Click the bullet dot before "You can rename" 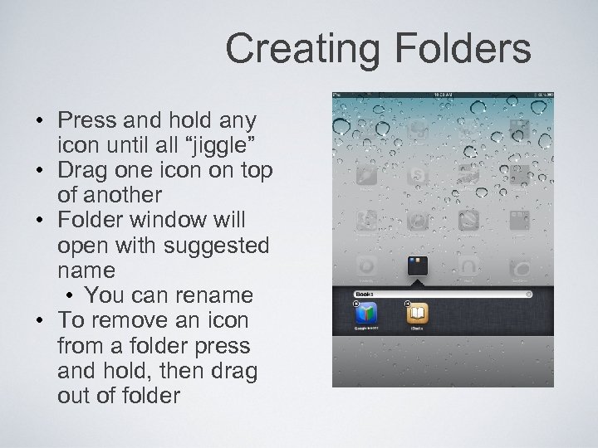[69, 296]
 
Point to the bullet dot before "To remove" [39, 320]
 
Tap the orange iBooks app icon [417, 314]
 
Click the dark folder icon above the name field [417, 267]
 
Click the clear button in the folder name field [527, 294]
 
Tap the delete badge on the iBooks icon [406, 304]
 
